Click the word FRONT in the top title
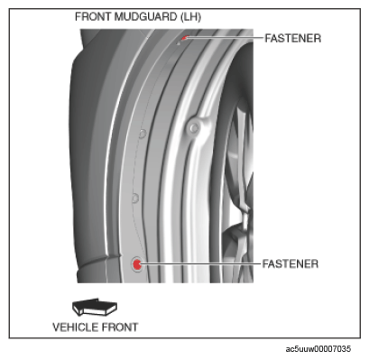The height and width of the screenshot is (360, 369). tap(93, 16)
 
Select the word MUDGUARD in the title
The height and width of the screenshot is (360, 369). tap(145, 16)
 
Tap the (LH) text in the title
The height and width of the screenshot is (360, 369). tap(190, 17)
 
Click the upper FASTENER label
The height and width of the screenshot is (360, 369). tap(293, 38)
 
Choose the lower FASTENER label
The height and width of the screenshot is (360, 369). tap(291, 263)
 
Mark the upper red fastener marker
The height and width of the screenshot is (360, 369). tap(185, 38)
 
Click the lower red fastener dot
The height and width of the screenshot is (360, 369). tap(137, 264)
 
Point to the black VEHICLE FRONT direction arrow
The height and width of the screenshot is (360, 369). tap(95, 307)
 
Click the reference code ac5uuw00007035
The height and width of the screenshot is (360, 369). tap(318, 349)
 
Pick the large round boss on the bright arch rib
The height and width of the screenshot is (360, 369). tap(194, 128)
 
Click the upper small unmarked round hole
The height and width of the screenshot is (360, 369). tap(143, 134)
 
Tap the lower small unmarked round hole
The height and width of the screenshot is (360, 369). tap(135, 198)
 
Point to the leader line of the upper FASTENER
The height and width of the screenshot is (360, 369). tap(225, 38)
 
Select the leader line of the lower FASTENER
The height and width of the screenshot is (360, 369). tap(200, 263)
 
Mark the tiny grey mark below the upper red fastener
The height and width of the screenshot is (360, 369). tap(178, 43)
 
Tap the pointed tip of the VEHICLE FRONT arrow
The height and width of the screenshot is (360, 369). tap(73, 304)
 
